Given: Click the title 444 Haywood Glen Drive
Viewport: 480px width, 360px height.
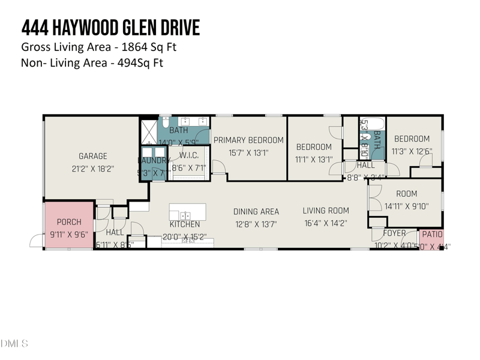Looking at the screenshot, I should point(110,28).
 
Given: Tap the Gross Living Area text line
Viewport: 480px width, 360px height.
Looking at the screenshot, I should point(98,47).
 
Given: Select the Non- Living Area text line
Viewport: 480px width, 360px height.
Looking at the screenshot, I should point(92,62).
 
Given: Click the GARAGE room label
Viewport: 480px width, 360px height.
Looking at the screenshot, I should point(92,156).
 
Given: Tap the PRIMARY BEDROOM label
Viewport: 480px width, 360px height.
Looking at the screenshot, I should point(248,140).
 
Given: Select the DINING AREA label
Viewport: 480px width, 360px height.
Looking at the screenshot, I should point(256,211).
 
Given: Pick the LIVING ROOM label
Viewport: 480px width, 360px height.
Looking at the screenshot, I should point(326,211).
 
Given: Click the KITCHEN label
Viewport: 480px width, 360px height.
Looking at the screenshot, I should point(184,224).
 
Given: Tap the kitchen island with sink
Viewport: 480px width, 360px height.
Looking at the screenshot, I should point(187,212).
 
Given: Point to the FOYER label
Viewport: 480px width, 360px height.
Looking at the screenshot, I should point(394,233).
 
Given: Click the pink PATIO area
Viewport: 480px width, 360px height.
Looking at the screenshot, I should point(431,238).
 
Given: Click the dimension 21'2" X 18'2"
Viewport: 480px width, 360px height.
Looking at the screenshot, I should point(92,169).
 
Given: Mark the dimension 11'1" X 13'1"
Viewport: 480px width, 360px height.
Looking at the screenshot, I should point(314,159).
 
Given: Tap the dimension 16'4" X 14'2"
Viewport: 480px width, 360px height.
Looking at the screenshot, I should point(326,223).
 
